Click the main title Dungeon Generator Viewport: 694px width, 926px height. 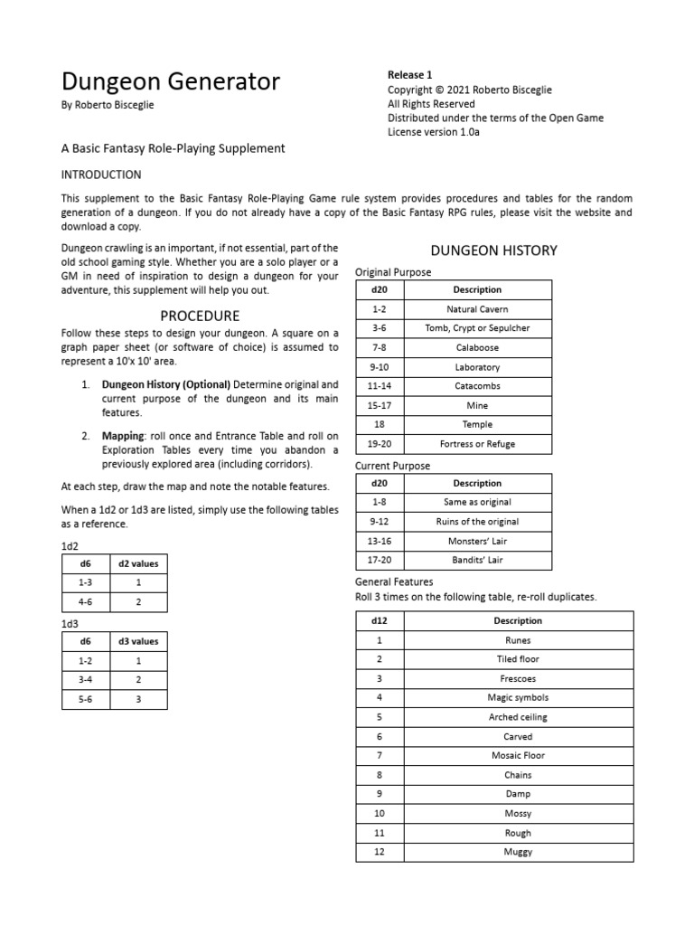[x=170, y=82]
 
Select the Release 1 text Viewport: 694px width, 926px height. [x=409, y=75]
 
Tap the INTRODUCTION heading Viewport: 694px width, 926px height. [x=101, y=175]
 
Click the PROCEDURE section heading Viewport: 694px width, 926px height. [x=200, y=316]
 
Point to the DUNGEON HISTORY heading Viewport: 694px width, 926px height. [x=493, y=250]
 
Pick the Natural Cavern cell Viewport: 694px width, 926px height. [x=478, y=309]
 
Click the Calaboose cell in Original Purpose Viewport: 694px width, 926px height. [x=478, y=347]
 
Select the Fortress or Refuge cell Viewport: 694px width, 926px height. [x=478, y=444]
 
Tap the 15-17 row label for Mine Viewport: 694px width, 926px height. [x=380, y=405]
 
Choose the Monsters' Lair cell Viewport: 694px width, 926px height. [x=478, y=541]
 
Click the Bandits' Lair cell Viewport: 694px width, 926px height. [x=478, y=561]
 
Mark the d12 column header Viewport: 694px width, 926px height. [x=380, y=621]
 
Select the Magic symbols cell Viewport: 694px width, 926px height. [x=518, y=698]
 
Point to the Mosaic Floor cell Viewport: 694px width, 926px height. [x=518, y=756]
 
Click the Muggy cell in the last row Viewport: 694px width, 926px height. [x=518, y=852]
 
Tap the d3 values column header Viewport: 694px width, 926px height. [x=138, y=641]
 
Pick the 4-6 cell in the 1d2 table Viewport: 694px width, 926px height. [x=84, y=601]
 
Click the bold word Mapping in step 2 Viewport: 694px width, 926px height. [x=123, y=436]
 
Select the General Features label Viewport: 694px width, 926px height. [x=394, y=582]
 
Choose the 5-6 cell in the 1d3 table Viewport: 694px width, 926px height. [x=84, y=699]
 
